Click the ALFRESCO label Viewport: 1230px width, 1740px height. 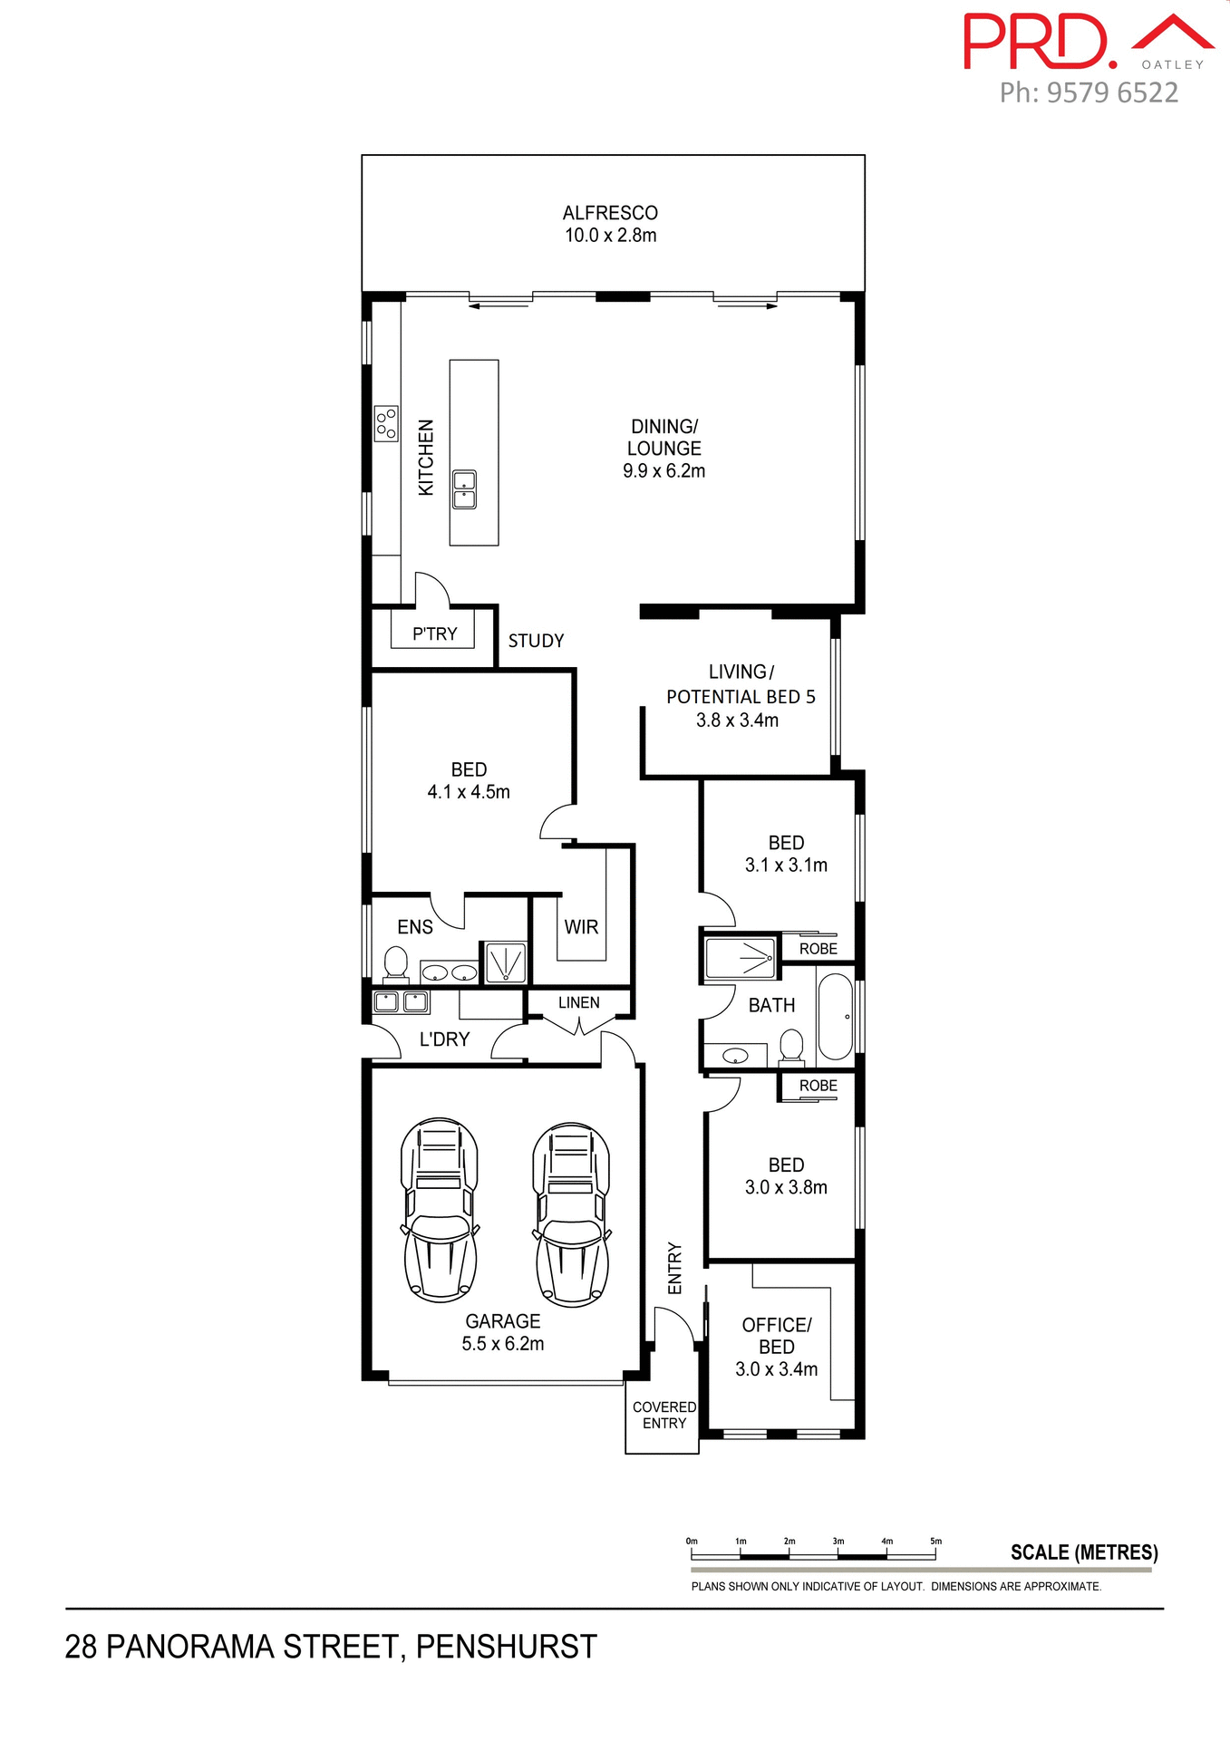[x=610, y=213]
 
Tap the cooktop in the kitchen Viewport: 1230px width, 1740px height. [x=386, y=423]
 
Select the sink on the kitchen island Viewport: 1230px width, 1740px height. [x=464, y=489]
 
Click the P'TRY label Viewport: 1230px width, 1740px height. [x=434, y=633]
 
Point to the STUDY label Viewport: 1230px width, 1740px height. [x=536, y=641]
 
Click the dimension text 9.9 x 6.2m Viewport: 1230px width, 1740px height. [x=663, y=470]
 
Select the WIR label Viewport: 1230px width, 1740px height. [x=581, y=927]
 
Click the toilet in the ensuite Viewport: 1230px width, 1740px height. [x=396, y=963]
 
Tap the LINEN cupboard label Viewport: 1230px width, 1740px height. [x=578, y=1002]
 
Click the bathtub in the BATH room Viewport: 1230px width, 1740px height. [x=835, y=1017]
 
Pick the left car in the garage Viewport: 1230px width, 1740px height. [x=440, y=1210]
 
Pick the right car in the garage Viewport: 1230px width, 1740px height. [x=571, y=1214]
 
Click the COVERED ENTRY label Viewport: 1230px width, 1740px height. [x=664, y=1415]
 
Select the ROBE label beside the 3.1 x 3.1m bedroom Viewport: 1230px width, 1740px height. [x=818, y=949]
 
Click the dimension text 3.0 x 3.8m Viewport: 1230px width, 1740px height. [x=786, y=1187]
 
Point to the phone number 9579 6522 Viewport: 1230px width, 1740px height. [x=1112, y=92]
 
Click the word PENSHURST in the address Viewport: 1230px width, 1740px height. [x=506, y=1647]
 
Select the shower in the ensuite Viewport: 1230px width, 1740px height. [x=506, y=962]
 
